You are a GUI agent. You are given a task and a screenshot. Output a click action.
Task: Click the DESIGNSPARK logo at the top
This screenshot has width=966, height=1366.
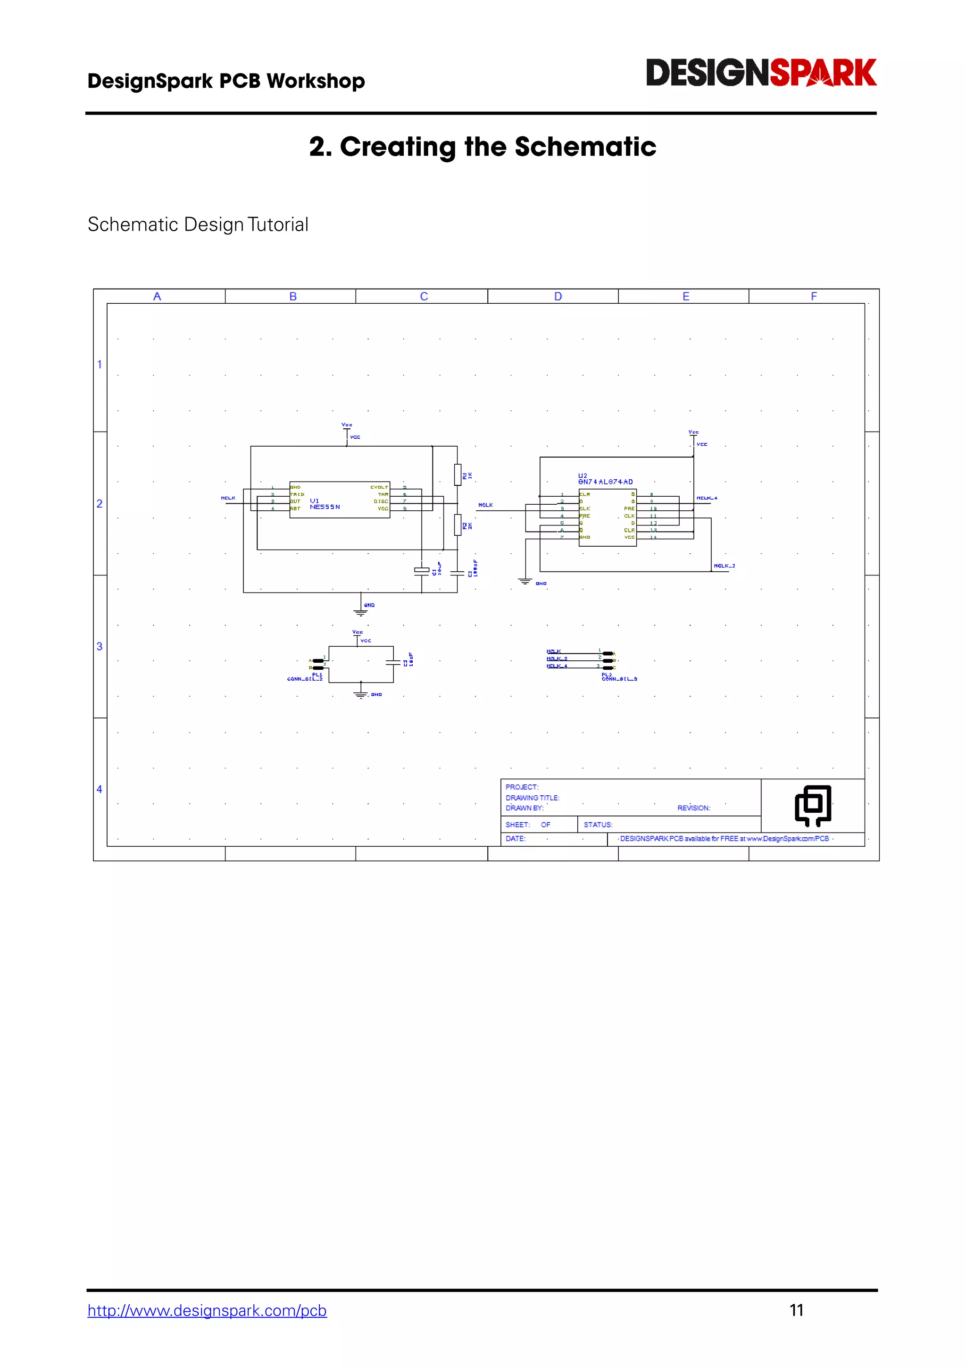tap(761, 73)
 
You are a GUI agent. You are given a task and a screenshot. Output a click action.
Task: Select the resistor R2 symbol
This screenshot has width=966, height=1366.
tap(458, 525)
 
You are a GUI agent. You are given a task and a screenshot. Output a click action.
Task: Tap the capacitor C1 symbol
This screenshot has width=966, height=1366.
tap(422, 571)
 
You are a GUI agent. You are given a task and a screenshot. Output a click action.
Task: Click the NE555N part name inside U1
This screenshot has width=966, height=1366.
tap(325, 507)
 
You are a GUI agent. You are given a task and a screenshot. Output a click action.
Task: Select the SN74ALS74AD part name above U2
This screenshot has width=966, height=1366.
tap(606, 482)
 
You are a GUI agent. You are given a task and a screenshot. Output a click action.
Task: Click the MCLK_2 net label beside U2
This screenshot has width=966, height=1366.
tap(724, 566)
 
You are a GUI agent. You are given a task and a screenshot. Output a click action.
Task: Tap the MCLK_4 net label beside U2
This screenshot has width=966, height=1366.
tap(707, 498)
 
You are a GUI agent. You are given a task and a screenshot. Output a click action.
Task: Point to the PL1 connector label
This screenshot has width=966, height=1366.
tap(316, 674)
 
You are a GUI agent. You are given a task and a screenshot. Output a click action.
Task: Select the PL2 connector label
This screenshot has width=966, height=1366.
tap(606, 674)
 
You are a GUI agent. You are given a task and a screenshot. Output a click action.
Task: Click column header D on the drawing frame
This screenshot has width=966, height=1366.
tap(558, 296)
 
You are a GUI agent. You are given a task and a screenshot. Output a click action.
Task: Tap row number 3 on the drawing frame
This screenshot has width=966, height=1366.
tap(100, 646)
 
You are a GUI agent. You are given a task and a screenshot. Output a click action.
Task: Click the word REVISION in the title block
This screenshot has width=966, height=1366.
tap(693, 808)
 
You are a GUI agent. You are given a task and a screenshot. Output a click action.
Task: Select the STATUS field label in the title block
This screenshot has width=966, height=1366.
tap(598, 825)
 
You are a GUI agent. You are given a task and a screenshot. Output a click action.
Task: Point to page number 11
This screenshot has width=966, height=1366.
tap(797, 1310)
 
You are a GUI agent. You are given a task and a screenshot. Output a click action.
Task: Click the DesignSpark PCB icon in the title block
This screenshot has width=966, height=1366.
tap(813, 806)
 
